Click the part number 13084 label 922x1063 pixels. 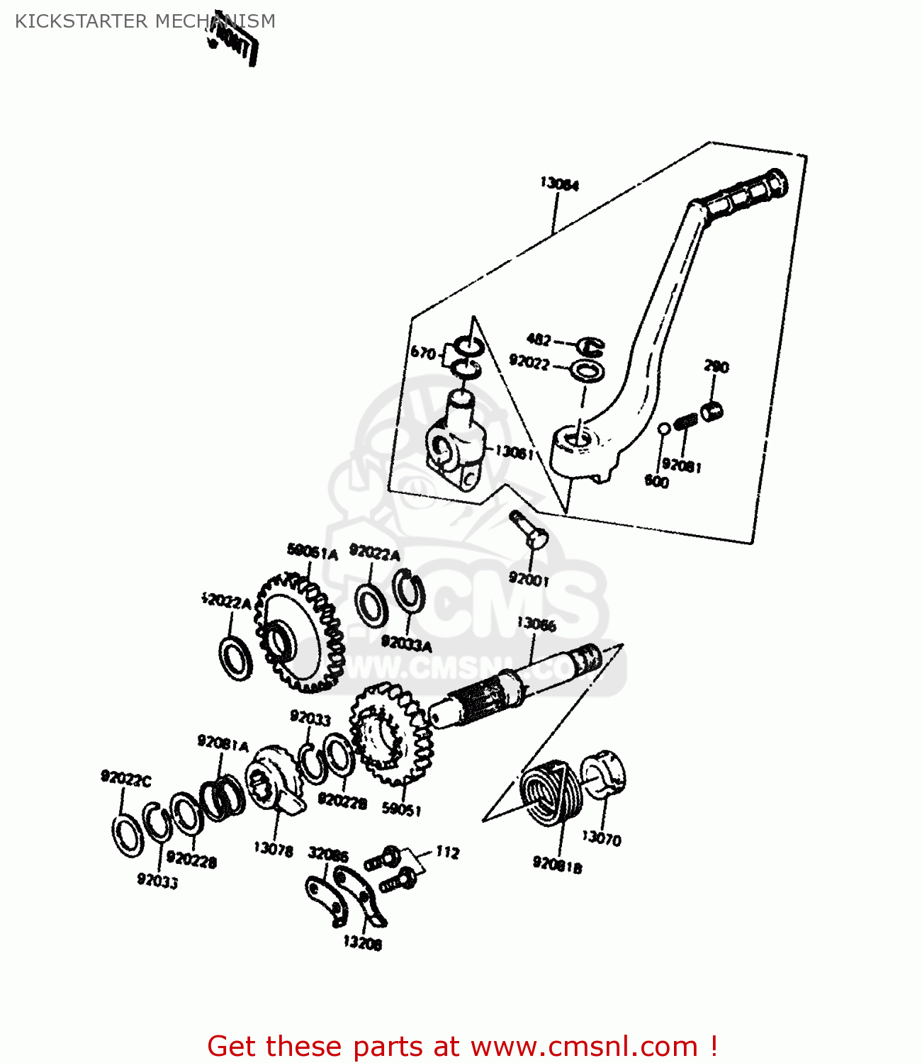(559, 184)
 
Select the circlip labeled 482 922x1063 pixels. (590, 346)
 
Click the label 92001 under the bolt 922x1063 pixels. (529, 580)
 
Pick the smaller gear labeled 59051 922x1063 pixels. (390, 734)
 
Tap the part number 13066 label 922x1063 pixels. (536, 624)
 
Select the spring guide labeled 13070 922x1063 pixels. (604, 775)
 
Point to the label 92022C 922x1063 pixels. (125, 779)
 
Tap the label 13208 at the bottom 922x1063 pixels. (362, 943)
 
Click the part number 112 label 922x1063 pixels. (447, 853)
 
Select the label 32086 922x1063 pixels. (328, 855)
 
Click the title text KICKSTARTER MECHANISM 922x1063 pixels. (145, 21)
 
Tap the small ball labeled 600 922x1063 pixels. (664, 429)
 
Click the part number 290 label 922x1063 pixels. (716, 366)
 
